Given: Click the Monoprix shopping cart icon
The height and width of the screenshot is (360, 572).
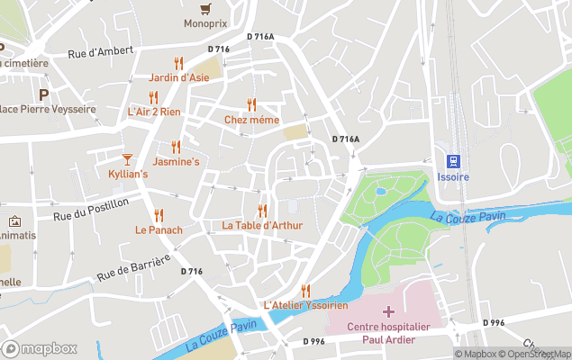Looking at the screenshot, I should (205, 8).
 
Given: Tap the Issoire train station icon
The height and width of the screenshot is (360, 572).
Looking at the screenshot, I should (453, 161).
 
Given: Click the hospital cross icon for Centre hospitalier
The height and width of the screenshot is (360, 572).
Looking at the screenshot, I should (388, 311).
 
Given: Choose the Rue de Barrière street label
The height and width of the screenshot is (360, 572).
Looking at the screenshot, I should (132, 267).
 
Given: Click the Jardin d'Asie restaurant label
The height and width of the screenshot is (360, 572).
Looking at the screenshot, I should (178, 77).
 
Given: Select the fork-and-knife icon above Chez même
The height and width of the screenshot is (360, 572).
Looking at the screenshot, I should (251, 105).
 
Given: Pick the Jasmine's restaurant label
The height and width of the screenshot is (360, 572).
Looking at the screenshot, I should (176, 162).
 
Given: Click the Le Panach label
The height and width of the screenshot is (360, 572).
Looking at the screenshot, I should (159, 229).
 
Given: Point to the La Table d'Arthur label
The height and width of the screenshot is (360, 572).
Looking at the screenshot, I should (262, 225).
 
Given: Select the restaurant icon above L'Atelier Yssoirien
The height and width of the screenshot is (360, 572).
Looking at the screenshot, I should (305, 291).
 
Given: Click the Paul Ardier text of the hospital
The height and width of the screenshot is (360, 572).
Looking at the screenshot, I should (388, 339).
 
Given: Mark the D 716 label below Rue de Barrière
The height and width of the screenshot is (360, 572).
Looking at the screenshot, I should (191, 271).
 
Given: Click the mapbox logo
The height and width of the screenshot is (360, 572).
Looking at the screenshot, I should (40, 348).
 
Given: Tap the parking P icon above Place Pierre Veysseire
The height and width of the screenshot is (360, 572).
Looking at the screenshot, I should (42, 94).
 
